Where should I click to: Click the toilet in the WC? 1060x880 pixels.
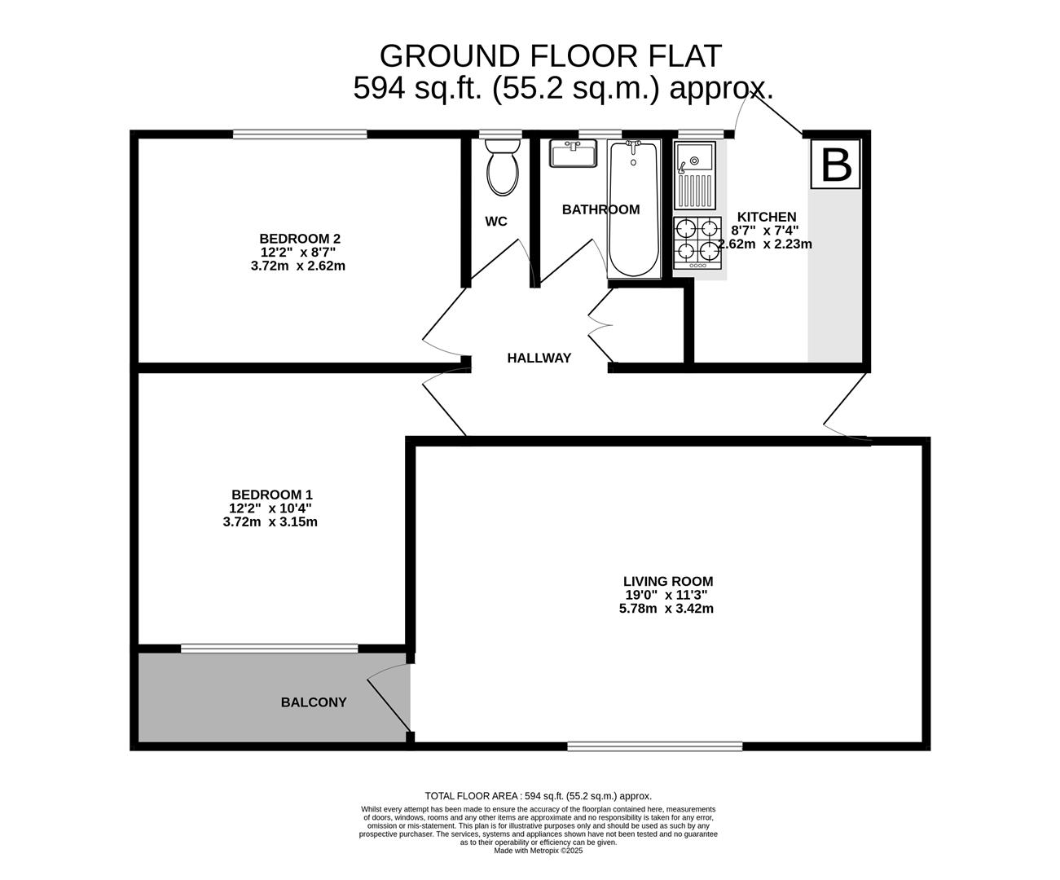(501, 167)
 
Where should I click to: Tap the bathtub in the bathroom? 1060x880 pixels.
(633, 209)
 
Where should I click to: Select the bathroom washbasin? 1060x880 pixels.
(573, 153)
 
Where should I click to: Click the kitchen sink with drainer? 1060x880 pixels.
(694, 175)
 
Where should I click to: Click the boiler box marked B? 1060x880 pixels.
(836, 165)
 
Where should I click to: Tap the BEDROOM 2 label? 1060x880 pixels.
(299, 239)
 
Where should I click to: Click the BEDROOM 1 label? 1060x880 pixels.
(271, 495)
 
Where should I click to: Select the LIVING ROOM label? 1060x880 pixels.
(668, 582)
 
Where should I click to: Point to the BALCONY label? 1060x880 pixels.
(314, 702)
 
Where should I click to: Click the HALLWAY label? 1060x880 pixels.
(539, 358)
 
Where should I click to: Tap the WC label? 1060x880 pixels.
(496, 222)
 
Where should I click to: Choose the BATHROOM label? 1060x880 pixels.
(600, 209)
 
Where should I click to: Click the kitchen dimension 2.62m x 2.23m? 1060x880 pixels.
(765, 244)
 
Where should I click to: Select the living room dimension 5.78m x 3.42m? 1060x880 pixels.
(666, 609)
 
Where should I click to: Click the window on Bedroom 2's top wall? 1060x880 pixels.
(299, 134)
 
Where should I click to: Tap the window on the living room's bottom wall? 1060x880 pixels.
(655, 746)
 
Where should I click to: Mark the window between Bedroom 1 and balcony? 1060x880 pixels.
(269, 649)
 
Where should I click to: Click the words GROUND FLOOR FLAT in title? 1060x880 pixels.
(550, 56)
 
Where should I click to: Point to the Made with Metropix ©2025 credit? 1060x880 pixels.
(539, 851)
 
